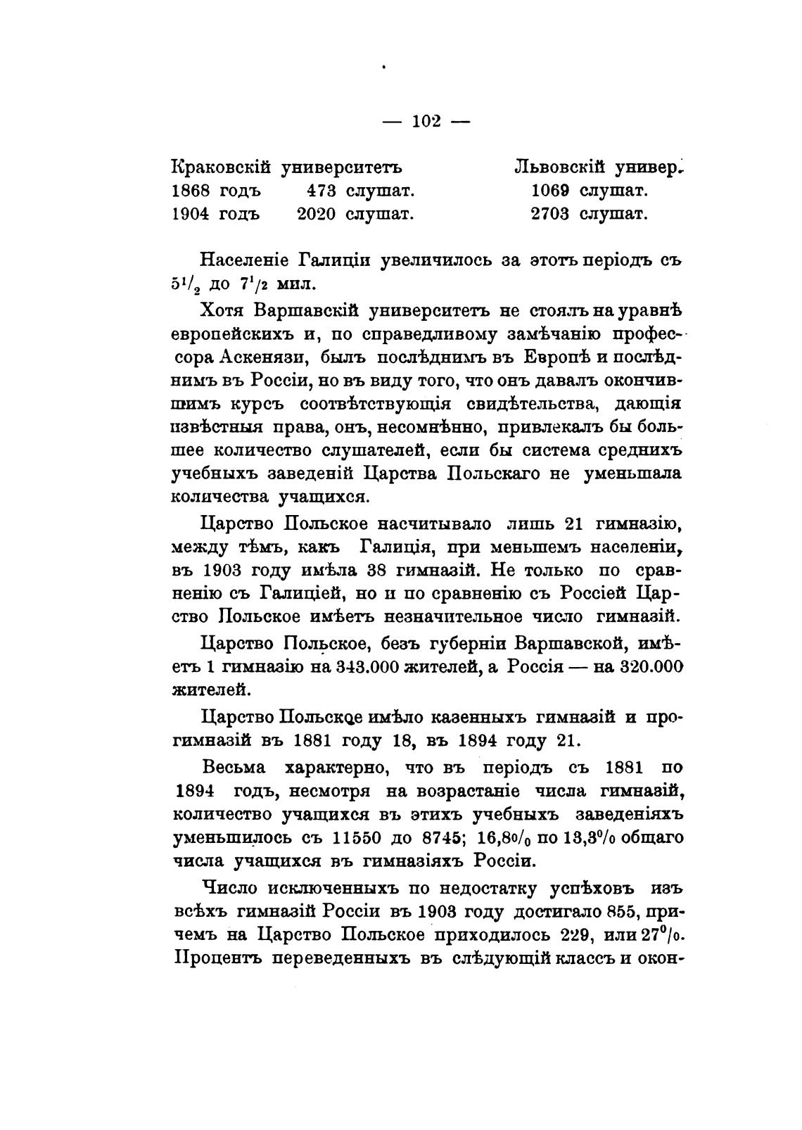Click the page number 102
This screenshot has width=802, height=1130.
(x=426, y=121)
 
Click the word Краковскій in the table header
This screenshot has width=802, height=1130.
(x=222, y=168)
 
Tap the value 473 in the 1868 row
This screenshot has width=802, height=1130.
(x=322, y=191)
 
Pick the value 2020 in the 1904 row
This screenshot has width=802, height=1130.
(x=317, y=214)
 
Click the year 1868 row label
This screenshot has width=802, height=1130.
(x=193, y=191)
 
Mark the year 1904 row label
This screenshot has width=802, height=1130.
(x=193, y=214)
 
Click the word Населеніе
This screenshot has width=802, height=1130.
(x=246, y=260)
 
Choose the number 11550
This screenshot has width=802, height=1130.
(x=362, y=839)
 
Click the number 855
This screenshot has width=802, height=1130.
(x=620, y=912)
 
